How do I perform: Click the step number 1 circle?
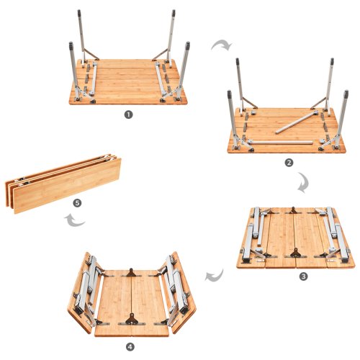pos(128,114)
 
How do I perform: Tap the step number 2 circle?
pos(289,163)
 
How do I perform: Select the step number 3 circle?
pos(303,276)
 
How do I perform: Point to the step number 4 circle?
pos(130,347)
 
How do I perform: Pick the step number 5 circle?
pos(77,203)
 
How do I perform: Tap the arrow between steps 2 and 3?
pos(305,181)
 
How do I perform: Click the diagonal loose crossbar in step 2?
pos(297,122)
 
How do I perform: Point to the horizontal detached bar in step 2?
pos(280,143)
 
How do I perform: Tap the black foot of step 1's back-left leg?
pos(79,13)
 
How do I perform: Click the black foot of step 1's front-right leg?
pos(188,45)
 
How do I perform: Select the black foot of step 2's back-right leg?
pos(332,61)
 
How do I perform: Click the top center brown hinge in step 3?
pos(293,210)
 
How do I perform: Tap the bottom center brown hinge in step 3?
pos(295,253)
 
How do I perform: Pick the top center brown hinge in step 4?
pos(131,272)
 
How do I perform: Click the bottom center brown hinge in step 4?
pos(132,319)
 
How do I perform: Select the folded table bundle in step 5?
pos(63,184)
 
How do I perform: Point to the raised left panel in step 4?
pos(84,293)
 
